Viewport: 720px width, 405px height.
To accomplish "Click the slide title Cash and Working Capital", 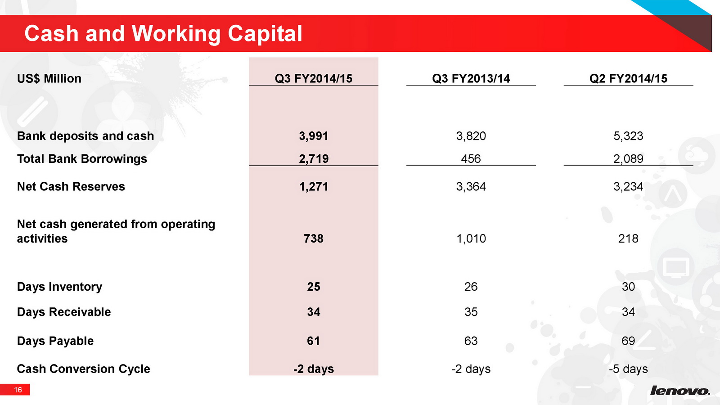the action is pyautogui.click(x=163, y=34).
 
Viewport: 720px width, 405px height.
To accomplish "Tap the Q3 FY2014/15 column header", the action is pyautogui.click(x=313, y=78).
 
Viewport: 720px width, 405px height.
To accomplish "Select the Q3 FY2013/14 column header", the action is pyautogui.click(x=471, y=78).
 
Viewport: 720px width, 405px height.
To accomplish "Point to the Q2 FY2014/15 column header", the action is pyautogui.click(x=628, y=78).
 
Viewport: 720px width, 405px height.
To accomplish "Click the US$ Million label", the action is pyautogui.click(x=49, y=78).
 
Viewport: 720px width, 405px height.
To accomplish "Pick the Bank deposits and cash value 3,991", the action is pyautogui.click(x=313, y=136).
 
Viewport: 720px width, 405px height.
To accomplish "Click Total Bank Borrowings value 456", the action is pyautogui.click(x=471, y=158).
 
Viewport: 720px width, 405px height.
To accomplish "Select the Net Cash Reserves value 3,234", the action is pyautogui.click(x=628, y=186).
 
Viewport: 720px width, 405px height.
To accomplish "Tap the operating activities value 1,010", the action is pyautogui.click(x=471, y=238).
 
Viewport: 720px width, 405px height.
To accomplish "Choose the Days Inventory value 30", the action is pyautogui.click(x=628, y=286).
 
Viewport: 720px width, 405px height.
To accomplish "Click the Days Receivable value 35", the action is pyautogui.click(x=471, y=312).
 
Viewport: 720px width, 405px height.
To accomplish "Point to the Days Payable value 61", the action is pyautogui.click(x=313, y=341).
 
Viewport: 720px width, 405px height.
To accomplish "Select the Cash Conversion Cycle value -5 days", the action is pyautogui.click(x=628, y=369).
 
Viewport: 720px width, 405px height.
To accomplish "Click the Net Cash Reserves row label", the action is pyautogui.click(x=71, y=186).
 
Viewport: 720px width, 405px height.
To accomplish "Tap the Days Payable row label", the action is pyautogui.click(x=55, y=341).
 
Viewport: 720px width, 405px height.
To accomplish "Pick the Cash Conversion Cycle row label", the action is pyautogui.click(x=84, y=369).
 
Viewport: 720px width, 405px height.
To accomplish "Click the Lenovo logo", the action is pyautogui.click(x=680, y=390).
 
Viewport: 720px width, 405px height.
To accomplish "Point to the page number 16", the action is pyautogui.click(x=18, y=390).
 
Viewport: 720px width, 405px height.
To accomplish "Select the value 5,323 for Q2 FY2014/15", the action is pyautogui.click(x=628, y=136).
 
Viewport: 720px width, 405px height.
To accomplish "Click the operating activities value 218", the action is pyautogui.click(x=628, y=238).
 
